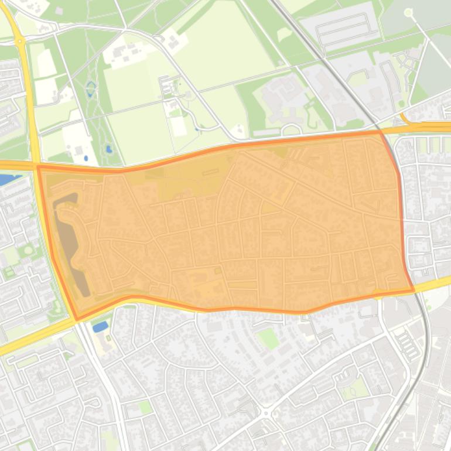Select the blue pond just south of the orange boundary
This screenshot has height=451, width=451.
[x=100, y=326]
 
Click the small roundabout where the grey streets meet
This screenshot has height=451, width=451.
[x=266, y=414]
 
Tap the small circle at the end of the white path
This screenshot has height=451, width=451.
[x=408, y=12]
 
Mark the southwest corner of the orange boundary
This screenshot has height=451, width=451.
[x=77, y=319]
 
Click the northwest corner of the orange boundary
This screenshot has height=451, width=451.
[x=39, y=167]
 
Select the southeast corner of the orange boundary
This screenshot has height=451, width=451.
[x=414, y=290]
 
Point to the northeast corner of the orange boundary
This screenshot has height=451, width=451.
[x=381, y=132]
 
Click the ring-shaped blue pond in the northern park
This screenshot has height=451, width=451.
[x=91, y=89]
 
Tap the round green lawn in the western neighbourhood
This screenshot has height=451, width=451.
[x=26, y=250]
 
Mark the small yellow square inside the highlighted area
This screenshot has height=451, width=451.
[x=218, y=271]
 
